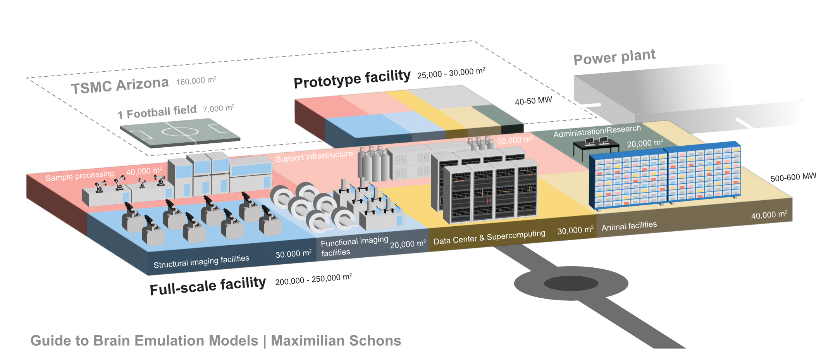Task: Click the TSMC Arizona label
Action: (x=120, y=85)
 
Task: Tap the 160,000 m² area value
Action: (x=196, y=81)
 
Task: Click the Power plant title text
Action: (x=614, y=57)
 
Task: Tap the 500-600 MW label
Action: (x=793, y=177)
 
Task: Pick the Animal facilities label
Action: (x=629, y=226)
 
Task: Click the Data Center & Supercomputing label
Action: (x=489, y=237)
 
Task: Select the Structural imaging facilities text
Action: (x=201, y=262)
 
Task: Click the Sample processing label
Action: (x=79, y=176)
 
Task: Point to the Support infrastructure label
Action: (x=314, y=156)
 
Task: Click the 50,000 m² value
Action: (x=515, y=140)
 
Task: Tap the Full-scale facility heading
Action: (x=208, y=286)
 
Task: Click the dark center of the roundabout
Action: (x=571, y=284)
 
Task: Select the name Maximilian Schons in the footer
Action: (x=336, y=341)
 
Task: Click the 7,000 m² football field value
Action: (x=219, y=109)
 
